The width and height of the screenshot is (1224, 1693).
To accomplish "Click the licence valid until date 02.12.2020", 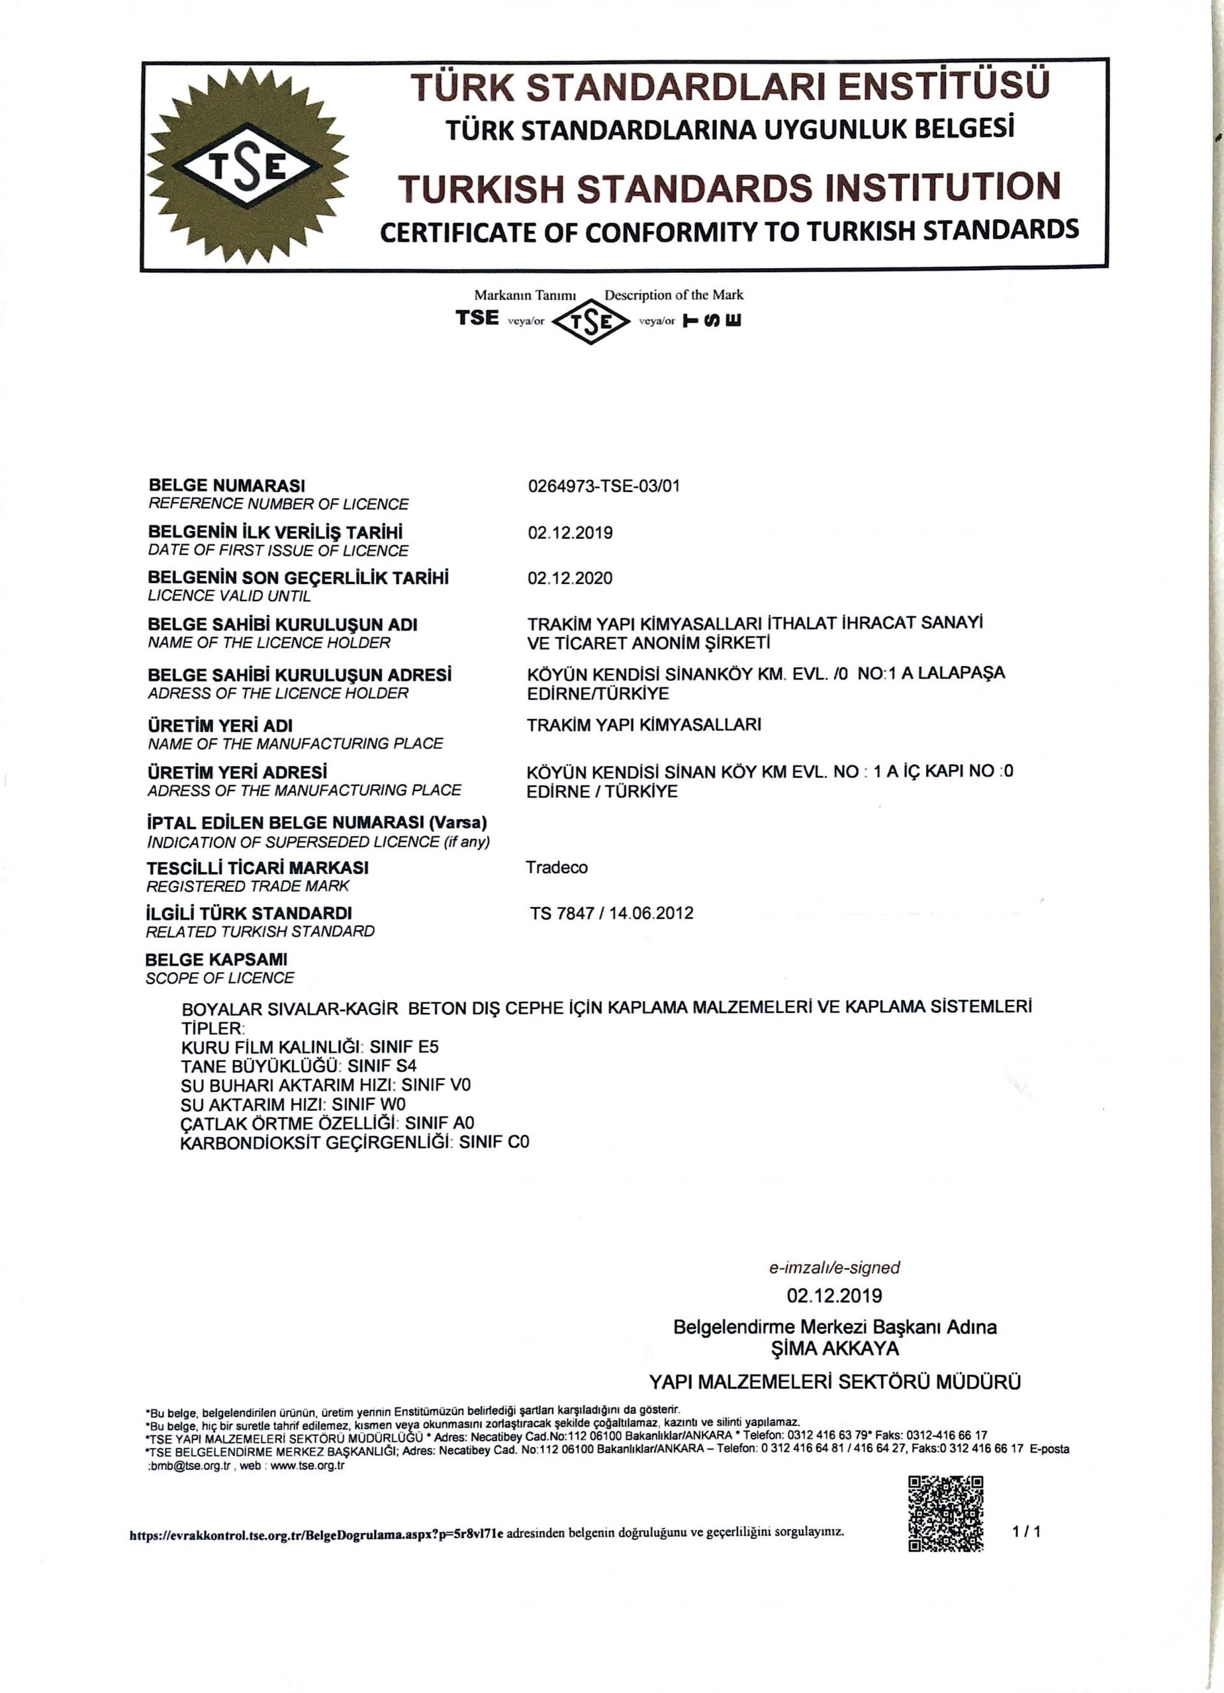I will click(569, 578).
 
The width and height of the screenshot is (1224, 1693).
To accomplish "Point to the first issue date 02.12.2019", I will click(569, 532).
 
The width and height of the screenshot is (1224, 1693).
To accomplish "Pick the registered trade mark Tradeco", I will click(557, 868).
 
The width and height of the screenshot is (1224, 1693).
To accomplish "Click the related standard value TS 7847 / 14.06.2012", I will click(611, 913).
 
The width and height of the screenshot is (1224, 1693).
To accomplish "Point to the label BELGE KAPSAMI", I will click(217, 959).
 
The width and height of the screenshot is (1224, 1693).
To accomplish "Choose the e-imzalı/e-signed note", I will click(834, 1267).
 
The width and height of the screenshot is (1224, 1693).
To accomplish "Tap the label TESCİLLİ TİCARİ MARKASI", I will click(258, 868).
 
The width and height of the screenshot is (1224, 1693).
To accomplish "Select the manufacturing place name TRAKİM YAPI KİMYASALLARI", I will click(644, 724).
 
